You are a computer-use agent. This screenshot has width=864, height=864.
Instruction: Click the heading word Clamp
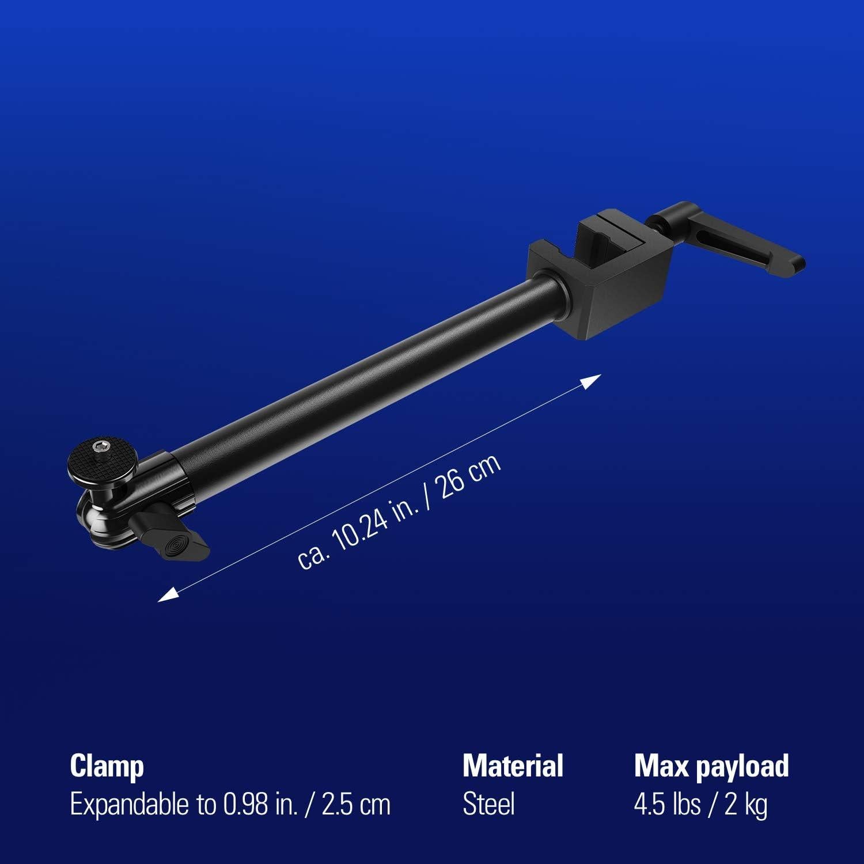(107, 767)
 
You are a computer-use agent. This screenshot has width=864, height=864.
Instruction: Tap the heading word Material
(513, 766)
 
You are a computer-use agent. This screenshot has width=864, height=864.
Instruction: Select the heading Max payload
(711, 766)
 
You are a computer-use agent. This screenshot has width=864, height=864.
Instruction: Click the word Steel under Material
(488, 804)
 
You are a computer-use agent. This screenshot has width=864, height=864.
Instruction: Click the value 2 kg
(746, 805)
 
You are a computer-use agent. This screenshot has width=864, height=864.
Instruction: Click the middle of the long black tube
(369, 374)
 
